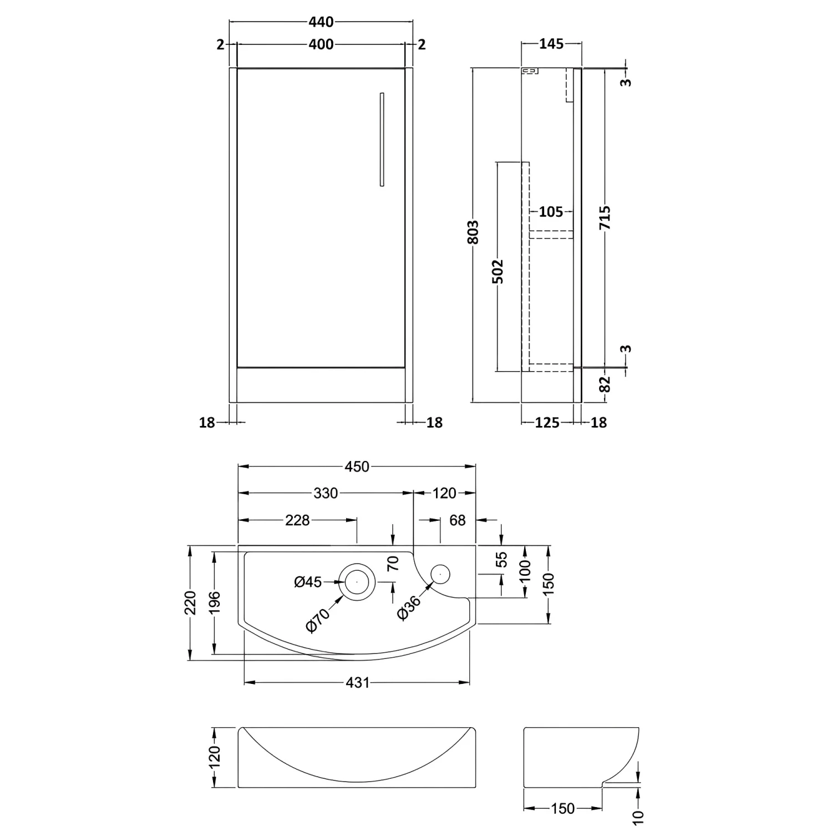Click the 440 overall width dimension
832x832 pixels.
321,22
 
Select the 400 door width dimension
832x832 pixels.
321,44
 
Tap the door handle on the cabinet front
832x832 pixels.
382,139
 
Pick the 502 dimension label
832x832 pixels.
498,271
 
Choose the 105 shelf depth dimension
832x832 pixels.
550,211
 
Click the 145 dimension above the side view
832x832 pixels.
551,44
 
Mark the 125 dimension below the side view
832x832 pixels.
547,423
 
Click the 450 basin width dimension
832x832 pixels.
357,466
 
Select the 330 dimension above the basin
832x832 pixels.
326,493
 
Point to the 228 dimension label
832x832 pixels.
297,520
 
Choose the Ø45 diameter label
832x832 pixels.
308,582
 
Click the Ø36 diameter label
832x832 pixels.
409,608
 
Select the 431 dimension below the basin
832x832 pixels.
357,682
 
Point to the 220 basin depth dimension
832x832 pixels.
190,603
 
